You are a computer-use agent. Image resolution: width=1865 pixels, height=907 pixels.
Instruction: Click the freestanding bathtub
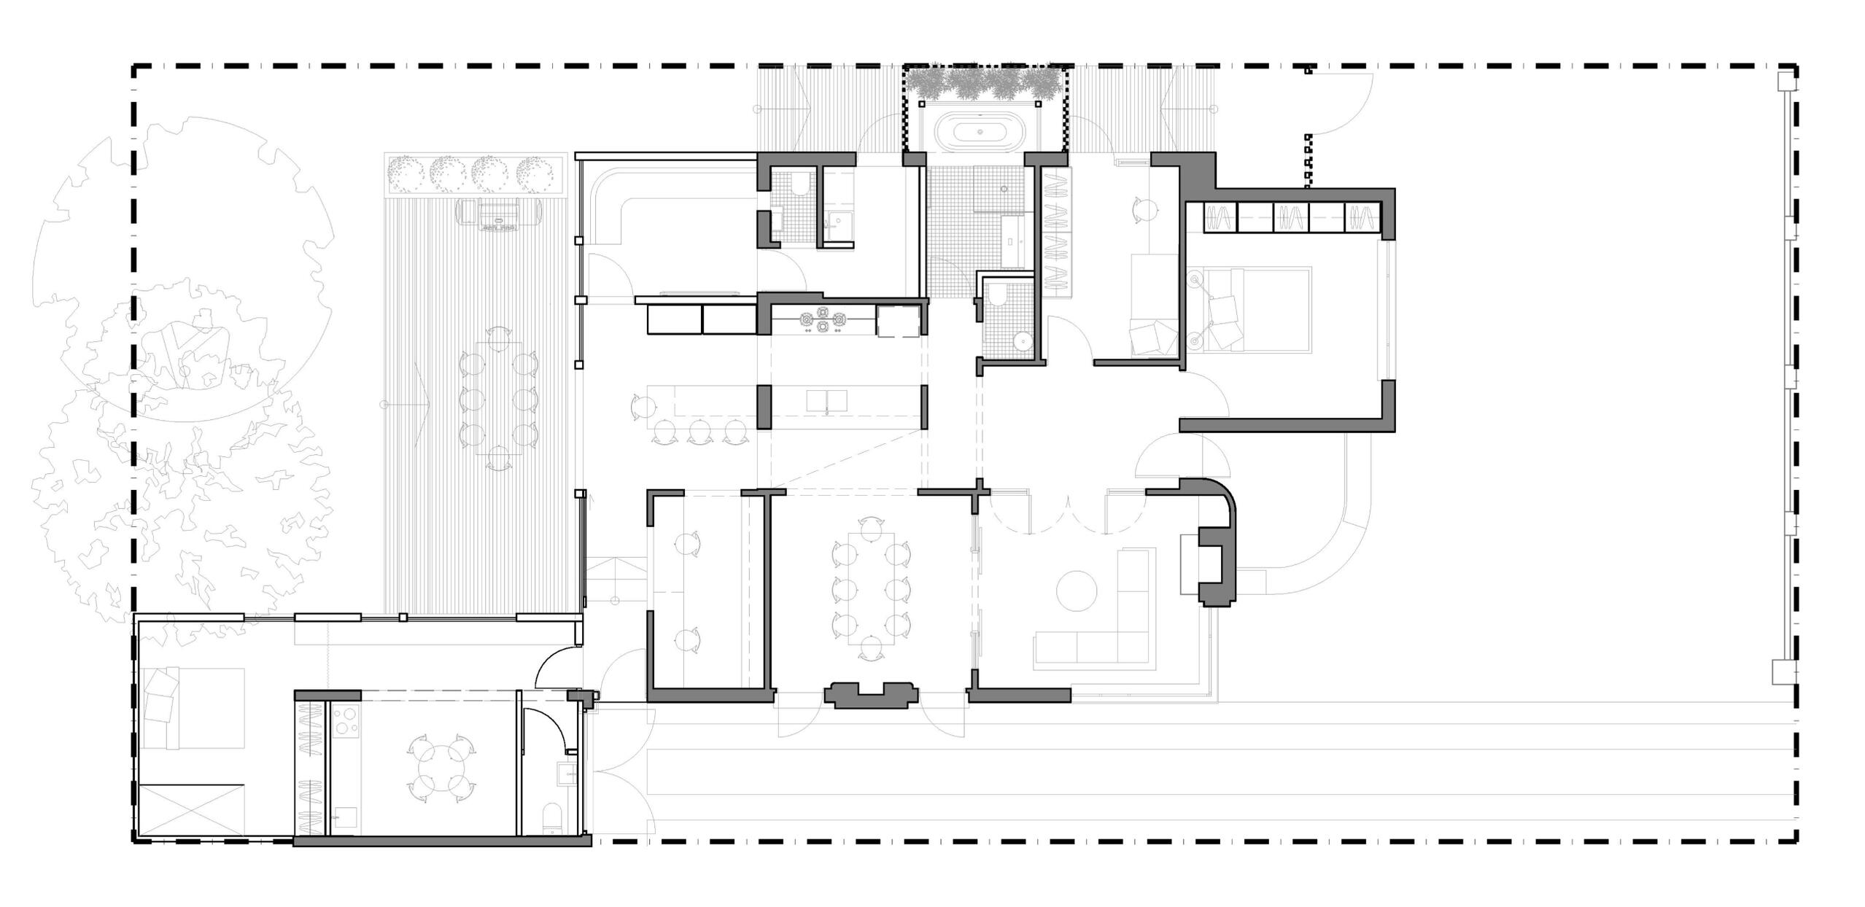(979, 132)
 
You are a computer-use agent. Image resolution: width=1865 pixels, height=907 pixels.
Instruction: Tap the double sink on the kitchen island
(827, 401)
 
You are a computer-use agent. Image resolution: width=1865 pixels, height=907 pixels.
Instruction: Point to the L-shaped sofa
(1109, 627)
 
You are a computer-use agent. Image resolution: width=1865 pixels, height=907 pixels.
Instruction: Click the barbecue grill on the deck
(500, 213)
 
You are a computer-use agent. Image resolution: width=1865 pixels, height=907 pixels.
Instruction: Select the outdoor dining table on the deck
(499, 398)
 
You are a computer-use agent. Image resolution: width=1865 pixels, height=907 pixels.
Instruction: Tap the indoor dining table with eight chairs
(871, 588)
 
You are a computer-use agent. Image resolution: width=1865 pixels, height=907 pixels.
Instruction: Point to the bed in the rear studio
(193, 707)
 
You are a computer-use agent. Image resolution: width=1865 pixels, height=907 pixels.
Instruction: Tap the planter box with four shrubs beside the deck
(476, 174)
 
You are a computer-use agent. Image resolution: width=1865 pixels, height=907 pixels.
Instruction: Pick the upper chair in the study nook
(687, 544)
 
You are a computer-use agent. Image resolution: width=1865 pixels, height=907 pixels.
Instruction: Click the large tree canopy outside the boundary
(182, 270)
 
